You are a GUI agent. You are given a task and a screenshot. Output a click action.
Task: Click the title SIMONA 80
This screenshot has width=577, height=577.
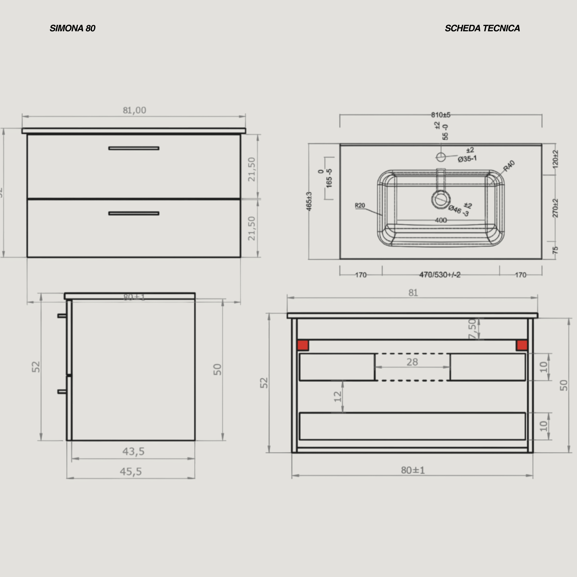(x=72, y=28)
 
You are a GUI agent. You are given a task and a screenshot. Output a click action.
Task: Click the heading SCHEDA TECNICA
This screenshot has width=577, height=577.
(x=482, y=28)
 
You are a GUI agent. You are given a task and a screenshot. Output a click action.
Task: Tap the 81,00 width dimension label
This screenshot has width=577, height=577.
(x=134, y=111)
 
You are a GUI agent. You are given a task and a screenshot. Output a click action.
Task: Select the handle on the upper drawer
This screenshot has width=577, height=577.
(x=134, y=148)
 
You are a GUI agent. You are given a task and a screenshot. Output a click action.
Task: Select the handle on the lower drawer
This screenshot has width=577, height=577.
(x=134, y=213)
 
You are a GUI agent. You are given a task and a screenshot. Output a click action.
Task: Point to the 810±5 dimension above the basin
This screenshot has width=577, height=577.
(x=441, y=115)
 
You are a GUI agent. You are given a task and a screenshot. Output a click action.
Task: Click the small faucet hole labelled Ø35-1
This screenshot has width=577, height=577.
(x=441, y=157)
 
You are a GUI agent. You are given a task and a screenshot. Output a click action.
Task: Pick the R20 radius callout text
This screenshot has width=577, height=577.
(x=360, y=205)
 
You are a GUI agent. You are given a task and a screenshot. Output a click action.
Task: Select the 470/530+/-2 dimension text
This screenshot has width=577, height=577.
(x=440, y=275)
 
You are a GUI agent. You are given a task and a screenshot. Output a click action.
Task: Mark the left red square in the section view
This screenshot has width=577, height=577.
(x=303, y=345)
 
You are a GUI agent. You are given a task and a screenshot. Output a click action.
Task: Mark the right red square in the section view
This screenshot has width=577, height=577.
(x=522, y=345)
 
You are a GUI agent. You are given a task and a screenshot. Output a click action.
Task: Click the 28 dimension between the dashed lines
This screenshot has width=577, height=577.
(x=412, y=362)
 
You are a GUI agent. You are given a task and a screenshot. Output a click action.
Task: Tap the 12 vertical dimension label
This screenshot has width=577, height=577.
(x=337, y=397)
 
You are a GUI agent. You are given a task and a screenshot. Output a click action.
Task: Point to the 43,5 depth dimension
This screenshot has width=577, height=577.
(x=133, y=451)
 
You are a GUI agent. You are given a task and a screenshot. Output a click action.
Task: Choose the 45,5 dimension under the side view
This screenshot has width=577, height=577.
(x=131, y=472)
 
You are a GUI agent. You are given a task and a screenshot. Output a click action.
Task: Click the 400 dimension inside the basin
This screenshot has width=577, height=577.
(x=441, y=220)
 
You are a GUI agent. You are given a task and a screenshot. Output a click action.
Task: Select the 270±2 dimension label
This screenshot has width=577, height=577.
(x=555, y=208)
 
